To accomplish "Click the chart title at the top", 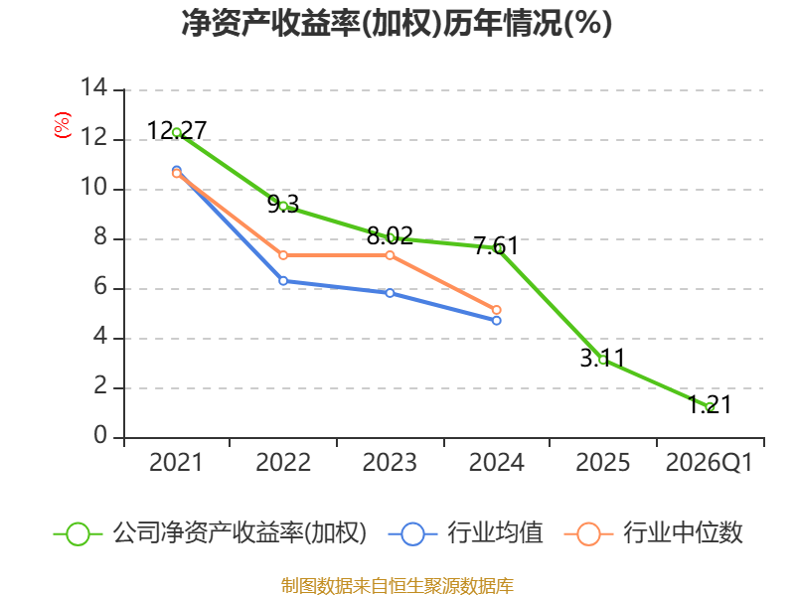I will pos(397,24).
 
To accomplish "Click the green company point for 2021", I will pos(177,132).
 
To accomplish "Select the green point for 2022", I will pos(283,206).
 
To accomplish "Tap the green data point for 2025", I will pos(603,360).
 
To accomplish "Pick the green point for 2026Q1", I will pos(710,406).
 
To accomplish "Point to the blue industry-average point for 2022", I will pos(283,281).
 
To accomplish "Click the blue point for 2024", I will pos(497,320).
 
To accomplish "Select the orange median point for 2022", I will pos(283,255).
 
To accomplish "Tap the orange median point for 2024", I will pos(497,310).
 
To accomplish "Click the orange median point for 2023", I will pos(391,255).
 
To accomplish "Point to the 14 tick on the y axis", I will pos(93,89).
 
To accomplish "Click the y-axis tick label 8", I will pos(99,238).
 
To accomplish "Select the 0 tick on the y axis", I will pos(99,437).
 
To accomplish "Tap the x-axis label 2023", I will pos(390,463).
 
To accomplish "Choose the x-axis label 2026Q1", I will pos(709,463).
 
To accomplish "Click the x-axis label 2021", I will pos(176,463).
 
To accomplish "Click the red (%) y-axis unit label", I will pos(62,125).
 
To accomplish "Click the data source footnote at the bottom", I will pos(397,585).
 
